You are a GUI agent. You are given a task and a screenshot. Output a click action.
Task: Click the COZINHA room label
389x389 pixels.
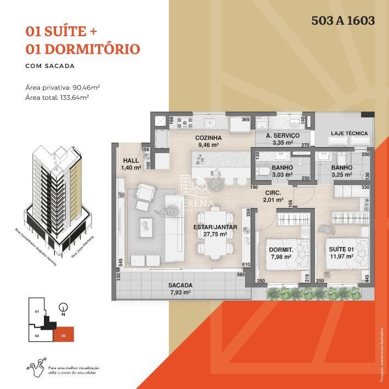[x=208, y=138]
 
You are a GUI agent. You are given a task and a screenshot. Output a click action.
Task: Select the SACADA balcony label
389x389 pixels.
[x=180, y=285]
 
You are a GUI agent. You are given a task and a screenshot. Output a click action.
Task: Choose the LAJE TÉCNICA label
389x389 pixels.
[x=349, y=133]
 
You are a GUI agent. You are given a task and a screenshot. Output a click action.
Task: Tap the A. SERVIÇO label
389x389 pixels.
[x=283, y=136]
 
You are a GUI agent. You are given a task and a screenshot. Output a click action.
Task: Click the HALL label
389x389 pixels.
[x=131, y=161]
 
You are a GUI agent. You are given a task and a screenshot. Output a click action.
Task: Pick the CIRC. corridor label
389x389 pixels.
[x=273, y=193]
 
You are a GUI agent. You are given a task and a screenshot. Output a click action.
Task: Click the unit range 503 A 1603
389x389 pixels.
[x=343, y=21]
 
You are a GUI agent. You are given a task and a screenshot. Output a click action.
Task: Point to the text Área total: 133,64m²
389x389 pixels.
[x=57, y=97]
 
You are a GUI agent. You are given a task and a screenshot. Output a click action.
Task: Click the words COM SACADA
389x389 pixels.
[x=50, y=66]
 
